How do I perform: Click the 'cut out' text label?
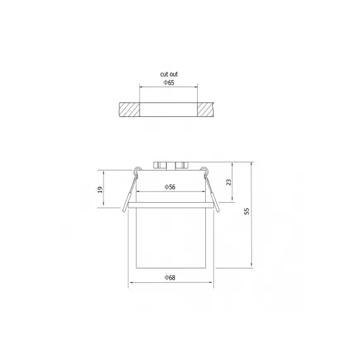click(169, 74)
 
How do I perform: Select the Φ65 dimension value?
click(169, 83)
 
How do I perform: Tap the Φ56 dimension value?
click(170, 187)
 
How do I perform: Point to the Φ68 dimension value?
click(170, 278)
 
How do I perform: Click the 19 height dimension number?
click(100, 189)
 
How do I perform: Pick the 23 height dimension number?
click(229, 183)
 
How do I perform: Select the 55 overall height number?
click(247, 211)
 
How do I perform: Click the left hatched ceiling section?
click(129, 109)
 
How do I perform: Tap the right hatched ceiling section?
click(206, 109)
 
